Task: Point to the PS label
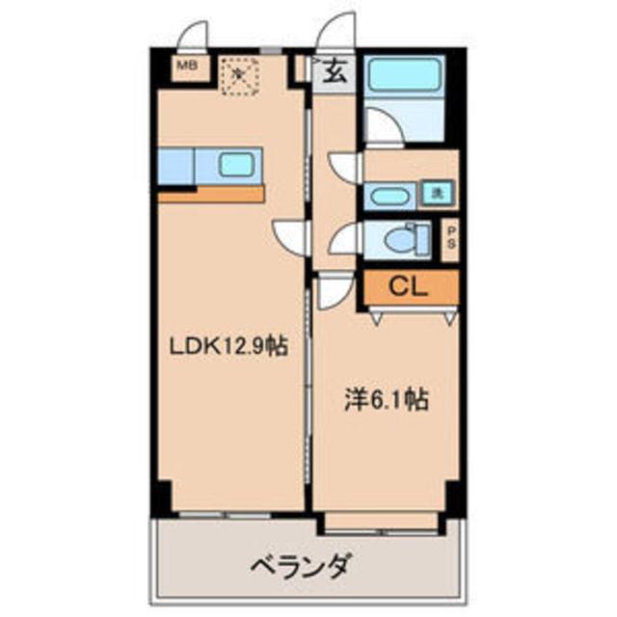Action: tap(450, 237)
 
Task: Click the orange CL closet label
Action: tap(411, 286)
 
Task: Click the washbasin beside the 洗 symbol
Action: tap(390, 197)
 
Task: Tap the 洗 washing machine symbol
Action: tap(437, 193)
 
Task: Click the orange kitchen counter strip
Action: tap(211, 194)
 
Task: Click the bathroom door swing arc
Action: tap(382, 127)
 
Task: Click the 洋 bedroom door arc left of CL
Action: tap(334, 288)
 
